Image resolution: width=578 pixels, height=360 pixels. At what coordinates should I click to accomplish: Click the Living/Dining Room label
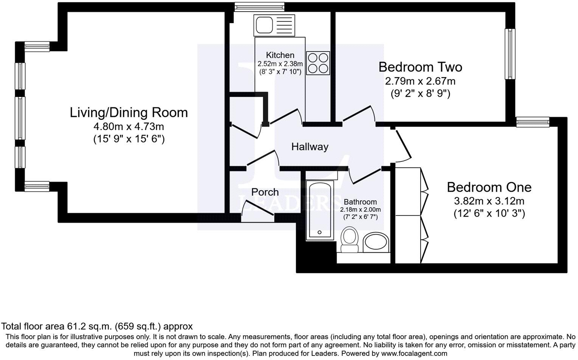coord(129,112)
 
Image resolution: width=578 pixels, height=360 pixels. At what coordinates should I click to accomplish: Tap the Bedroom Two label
coord(420,67)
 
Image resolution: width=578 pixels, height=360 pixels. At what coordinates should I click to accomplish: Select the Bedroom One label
coord(489,187)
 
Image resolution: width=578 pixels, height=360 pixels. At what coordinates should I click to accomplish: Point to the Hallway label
coord(309,147)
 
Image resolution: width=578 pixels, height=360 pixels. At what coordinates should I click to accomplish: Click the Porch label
coord(265,192)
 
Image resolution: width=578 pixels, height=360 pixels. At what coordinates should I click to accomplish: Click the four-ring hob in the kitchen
coord(318,63)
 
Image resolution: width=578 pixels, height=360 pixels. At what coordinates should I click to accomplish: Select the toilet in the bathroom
coord(350,240)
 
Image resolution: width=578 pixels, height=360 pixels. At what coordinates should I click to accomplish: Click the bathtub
coord(320,210)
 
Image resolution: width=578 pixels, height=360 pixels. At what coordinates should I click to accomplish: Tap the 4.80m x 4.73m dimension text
coord(129,126)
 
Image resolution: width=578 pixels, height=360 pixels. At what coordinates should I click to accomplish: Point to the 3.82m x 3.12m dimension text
coord(489,201)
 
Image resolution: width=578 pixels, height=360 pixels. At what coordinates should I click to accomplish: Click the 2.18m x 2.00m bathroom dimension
coord(360,209)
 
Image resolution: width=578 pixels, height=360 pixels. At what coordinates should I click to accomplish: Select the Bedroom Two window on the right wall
coord(510,54)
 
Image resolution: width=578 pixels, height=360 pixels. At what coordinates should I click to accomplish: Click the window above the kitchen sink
coord(259,6)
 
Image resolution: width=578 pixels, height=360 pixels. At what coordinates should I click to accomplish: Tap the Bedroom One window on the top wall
coord(533,122)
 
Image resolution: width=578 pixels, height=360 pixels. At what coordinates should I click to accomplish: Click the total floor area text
coord(97,326)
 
